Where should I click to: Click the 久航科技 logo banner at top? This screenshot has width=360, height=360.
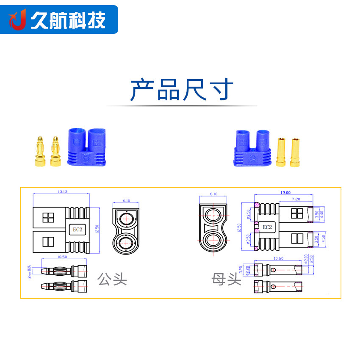(x=59, y=19)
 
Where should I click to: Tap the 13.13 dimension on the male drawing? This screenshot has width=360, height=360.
(x=62, y=191)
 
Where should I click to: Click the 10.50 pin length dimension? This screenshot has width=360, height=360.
(x=62, y=257)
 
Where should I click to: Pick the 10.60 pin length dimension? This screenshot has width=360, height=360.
(x=278, y=258)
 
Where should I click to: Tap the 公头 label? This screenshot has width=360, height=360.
(x=112, y=279)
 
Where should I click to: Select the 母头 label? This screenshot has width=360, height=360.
(x=227, y=279)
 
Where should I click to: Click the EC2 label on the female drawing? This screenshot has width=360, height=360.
(x=267, y=227)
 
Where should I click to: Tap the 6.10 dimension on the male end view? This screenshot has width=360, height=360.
(x=126, y=201)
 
